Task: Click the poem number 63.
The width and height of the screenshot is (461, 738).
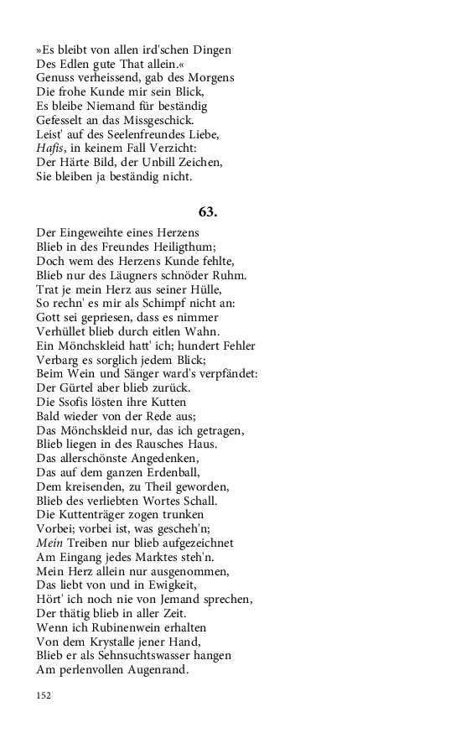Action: pos(207,211)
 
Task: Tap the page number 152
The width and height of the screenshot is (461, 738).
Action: pos(44,695)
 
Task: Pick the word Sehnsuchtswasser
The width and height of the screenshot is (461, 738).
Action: pos(139,656)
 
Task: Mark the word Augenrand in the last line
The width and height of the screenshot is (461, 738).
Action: pos(156,670)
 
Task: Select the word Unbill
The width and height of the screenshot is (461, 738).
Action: pos(171,163)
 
